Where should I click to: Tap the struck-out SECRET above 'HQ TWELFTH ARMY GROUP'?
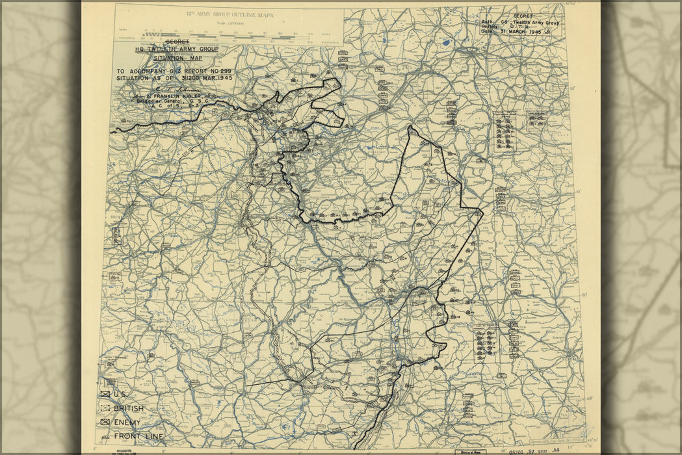pyautogui.click(x=176, y=42)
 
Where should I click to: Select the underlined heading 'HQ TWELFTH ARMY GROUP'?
pyautogui.click(x=176, y=49)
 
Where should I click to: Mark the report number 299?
pyautogui.click(x=223, y=71)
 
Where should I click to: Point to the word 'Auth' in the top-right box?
pyautogui.click(x=488, y=22)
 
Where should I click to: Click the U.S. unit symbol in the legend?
pyautogui.click(x=105, y=394)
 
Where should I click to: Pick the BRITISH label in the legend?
pyautogui.click(x=129, y=408)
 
